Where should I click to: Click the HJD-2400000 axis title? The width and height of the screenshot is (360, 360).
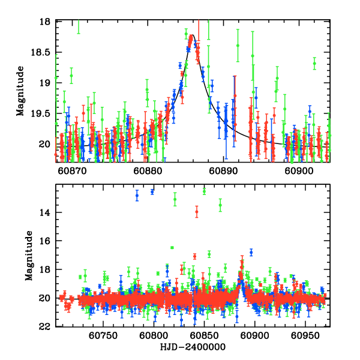192,347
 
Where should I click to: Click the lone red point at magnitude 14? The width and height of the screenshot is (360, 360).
196,211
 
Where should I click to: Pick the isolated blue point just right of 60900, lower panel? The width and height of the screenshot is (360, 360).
251,252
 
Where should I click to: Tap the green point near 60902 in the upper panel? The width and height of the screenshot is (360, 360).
314,63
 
